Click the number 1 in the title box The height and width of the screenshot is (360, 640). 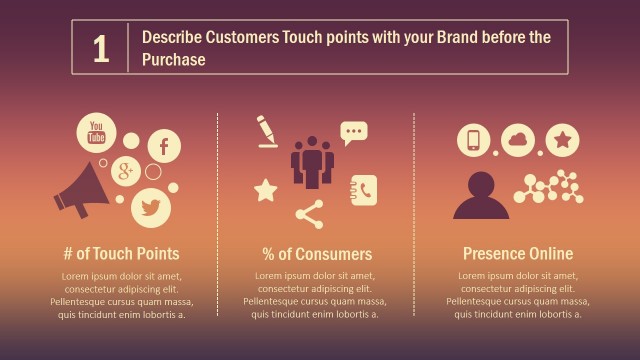pos(100,49)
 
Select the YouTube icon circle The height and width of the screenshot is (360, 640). pos(97,132)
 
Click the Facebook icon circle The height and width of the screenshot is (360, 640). pos(164,146)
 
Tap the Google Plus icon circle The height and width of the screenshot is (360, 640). pos(126,171)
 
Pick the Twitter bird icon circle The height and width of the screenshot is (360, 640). pos(151,207)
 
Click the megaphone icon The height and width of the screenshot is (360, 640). pos(81,190)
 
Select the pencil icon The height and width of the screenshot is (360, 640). pos(267,131)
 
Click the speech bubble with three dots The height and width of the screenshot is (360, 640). pos(353,132)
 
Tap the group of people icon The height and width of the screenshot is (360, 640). pos(312,161)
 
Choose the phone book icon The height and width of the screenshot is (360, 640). pos(363,189)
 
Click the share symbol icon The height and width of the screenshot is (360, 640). pos(310,213)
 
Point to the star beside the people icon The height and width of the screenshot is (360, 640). pos(266,190)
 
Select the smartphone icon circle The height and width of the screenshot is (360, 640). pos(474,140)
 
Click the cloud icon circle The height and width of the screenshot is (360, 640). pos(519,139)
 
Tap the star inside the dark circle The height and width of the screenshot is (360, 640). pos(563,139)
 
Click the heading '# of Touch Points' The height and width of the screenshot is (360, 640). pos(121,254)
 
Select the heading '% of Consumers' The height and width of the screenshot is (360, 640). pos(317,254)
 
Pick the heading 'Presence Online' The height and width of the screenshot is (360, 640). pos(517,254)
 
